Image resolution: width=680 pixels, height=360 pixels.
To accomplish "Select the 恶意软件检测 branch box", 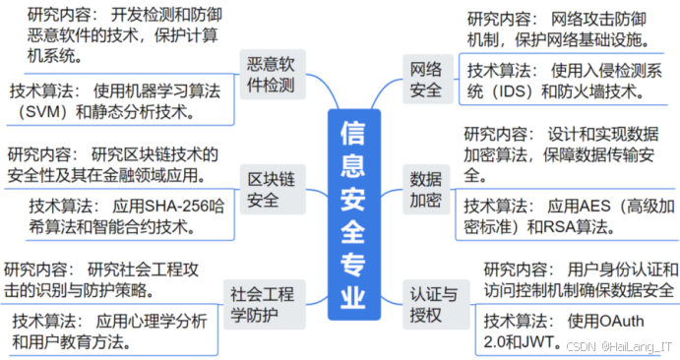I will pyautogui.click(x=273, y=76).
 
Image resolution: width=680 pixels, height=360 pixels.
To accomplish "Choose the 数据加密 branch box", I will pyautogui.click(x=425, y=190).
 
